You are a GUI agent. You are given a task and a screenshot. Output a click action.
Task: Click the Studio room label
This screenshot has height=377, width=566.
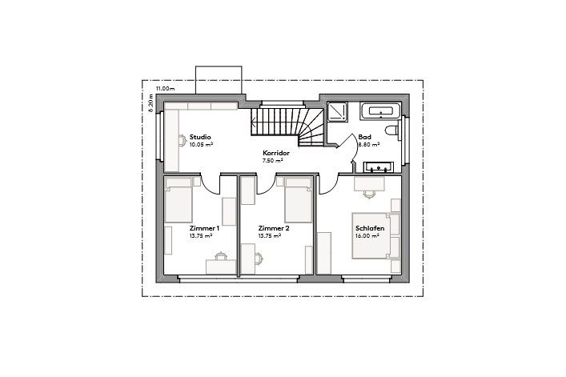[199, 138]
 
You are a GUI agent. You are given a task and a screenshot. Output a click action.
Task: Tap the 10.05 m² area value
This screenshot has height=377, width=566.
[200, 146]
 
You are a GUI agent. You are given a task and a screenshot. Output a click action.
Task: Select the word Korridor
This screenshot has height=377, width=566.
[275, 152]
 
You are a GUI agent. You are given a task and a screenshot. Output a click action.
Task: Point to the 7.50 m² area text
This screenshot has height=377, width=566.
[273, 160]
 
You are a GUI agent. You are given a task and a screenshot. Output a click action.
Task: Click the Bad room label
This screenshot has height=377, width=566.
[364, 138]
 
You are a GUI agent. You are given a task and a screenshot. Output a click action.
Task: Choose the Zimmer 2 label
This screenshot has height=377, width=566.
[274, 228]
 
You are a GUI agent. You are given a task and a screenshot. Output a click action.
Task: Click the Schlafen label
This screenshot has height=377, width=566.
[370, 228]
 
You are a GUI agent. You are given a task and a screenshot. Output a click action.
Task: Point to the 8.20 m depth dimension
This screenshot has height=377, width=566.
[150, 105]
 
